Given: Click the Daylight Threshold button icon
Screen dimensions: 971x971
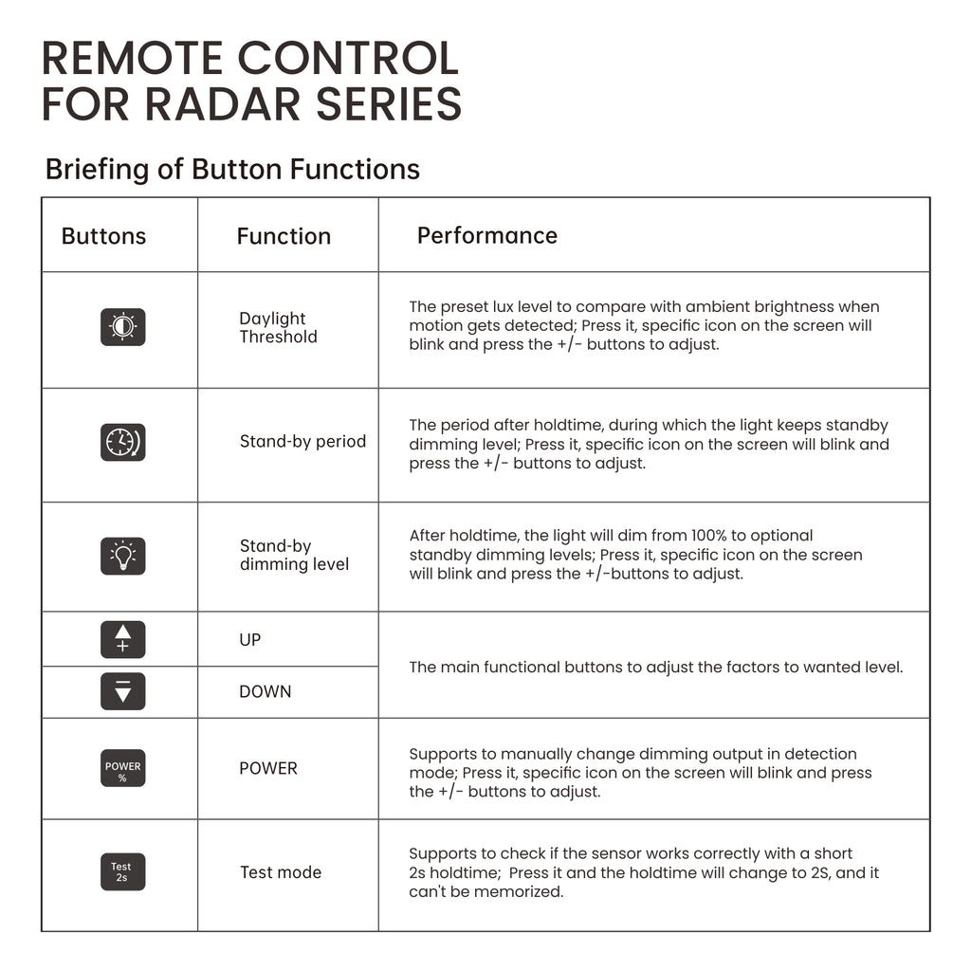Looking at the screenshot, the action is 122,327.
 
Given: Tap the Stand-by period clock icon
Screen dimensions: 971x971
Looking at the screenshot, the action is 122,442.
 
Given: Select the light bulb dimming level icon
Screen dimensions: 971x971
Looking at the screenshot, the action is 122,556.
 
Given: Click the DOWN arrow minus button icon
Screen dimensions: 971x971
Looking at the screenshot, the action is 122,691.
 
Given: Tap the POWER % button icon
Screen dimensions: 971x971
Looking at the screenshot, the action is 122,768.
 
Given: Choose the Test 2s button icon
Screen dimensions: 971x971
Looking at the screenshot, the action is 122,872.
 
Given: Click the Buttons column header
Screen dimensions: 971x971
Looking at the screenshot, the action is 103,236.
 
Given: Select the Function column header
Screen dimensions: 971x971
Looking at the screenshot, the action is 284,236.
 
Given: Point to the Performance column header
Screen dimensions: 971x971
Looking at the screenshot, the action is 487,235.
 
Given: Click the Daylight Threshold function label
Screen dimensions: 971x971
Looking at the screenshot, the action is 278,328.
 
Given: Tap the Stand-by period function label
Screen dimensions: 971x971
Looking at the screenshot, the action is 302,441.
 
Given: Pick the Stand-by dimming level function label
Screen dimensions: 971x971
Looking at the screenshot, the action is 294,556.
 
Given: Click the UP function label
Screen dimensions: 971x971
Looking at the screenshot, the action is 250,640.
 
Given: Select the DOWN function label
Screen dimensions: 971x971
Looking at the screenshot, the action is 266,691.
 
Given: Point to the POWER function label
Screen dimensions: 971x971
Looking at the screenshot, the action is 268,768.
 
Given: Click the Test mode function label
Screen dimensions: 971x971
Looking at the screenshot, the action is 281,872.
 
